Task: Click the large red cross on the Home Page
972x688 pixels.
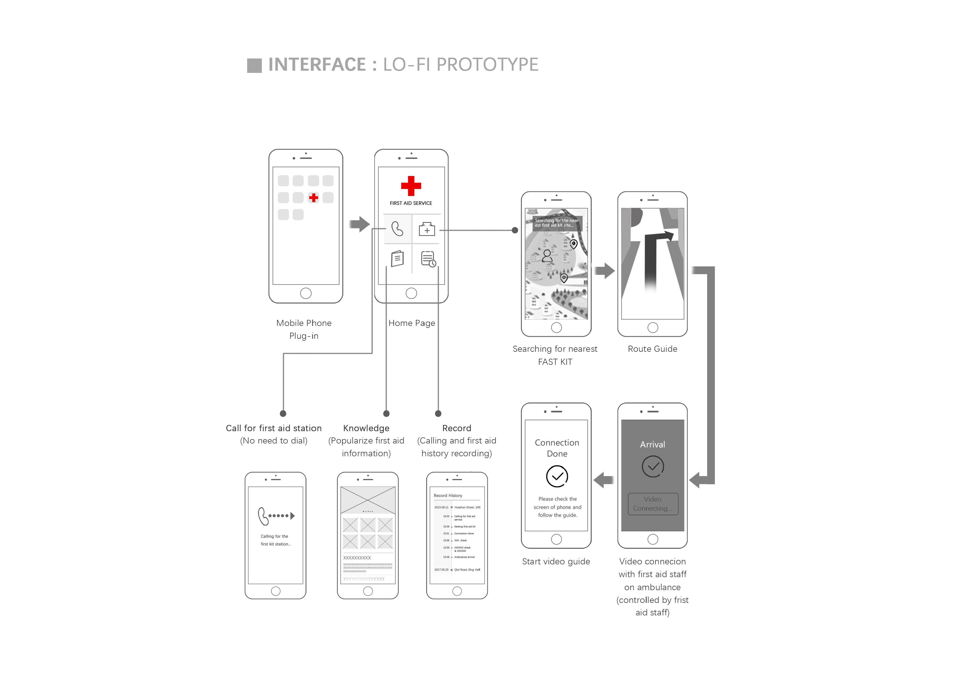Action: click(411, 185)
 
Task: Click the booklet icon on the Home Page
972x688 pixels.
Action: click(397, 258)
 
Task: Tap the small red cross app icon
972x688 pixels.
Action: click(313, 197)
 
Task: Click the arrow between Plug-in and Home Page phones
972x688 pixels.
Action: click(360, 224)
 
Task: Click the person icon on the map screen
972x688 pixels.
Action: click(547, 256)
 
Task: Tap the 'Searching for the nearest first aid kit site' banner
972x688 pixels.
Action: click(557, 223)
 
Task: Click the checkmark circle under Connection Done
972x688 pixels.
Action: click(557, 476)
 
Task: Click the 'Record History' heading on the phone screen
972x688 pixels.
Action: click(448, 495)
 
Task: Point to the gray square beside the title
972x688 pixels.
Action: click(254, 66)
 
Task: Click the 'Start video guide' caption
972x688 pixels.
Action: click(556, 561)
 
